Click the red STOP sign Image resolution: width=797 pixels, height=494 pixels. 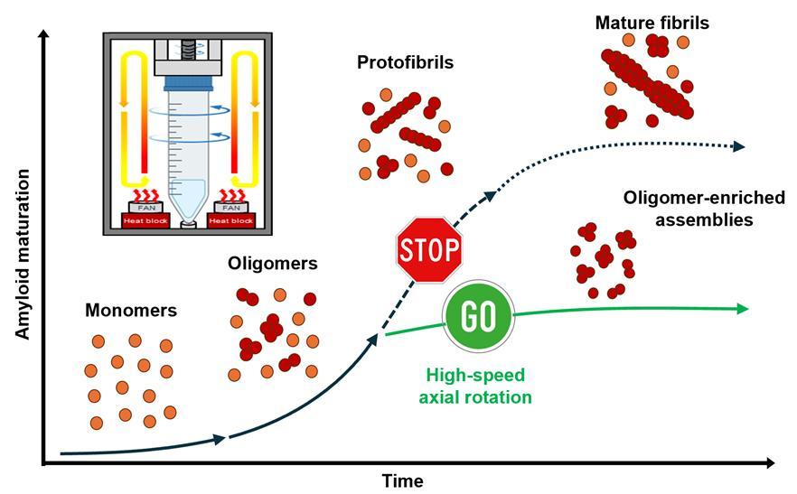click(429, 249)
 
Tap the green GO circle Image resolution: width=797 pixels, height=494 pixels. click(478, 315)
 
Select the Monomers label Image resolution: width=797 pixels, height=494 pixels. click(131, 310)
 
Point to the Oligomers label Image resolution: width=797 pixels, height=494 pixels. click(273, 264)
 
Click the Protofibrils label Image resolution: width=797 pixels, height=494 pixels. click(405, 62)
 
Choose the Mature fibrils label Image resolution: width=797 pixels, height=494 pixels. click(652, 23)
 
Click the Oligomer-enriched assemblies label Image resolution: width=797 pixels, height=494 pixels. click(704, 209)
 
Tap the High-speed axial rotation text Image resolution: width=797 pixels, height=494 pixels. click(475, 386)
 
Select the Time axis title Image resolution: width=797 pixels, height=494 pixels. click(403, 480)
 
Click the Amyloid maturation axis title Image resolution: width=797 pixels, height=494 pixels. click(23, 254)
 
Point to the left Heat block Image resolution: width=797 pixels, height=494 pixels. click(145, 220)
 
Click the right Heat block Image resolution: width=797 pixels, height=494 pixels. click(230, 220)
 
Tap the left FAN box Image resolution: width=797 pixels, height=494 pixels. click(146, 208)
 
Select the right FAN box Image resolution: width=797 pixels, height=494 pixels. click(231, 208)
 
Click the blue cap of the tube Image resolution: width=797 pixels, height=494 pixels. click(188, 83)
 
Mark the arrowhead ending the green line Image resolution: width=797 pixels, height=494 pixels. click(743, 309)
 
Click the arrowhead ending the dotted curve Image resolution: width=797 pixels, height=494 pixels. click(738, 147)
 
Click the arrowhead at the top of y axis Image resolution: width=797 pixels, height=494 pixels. click(44, 34)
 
